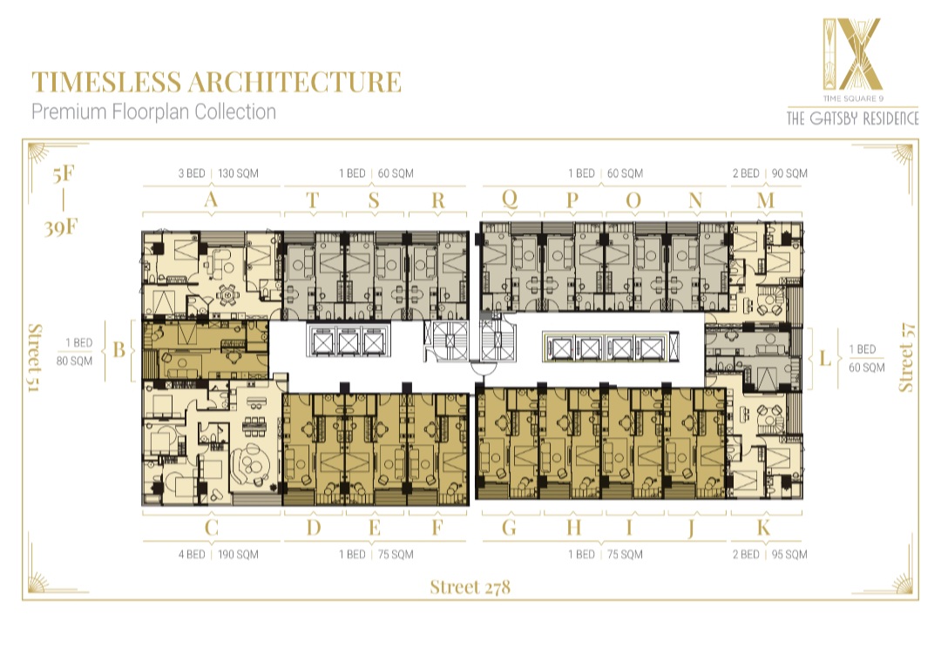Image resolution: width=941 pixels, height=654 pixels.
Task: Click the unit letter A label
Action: pyautogui.click(x=211, y=199)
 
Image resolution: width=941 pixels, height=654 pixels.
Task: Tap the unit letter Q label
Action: pyautogui.click(x=510, y=199)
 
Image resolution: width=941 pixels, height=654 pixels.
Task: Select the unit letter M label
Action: pyautogui.click(x=766, y=199)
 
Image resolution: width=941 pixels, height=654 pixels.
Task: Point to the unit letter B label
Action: pyautogui.click(x=118, y=350)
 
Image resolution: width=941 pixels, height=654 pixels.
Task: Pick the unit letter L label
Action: pyautogui.click(x=825, y=359)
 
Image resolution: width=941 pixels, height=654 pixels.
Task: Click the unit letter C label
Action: pyautogui.click(x=211, y=528)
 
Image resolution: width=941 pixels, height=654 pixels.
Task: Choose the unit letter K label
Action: pyautogui.click(x=763, y=528)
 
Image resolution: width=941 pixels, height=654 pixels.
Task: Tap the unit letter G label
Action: pyautogui.click(x=509, y=528)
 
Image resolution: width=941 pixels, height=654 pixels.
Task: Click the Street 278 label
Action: pyautogui.click(x=470, y=587)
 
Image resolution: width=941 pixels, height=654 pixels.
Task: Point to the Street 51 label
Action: pyautogui.click(x=35, y=358)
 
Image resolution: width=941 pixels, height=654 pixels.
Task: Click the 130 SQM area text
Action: pyautogui.click(x=238, y=173)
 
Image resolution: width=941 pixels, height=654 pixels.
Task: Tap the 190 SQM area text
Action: pyautogui.click(x=238, y=555)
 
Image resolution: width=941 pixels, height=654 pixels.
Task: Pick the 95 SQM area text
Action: pyautogui.click(x=789, y=555)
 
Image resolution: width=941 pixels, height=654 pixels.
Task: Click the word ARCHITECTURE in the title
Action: pyautogui.click(x=294, y=82)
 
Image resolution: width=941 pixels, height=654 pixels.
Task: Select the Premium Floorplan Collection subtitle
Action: pyautogui.click(x=153, y=112)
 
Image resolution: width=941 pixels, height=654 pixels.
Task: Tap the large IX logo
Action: pyautogui.click(x=852, y=54)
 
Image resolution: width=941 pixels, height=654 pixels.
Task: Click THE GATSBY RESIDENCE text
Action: pyautogui.click(x=853, y=118)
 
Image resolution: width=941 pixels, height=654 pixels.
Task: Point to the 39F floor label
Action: pyautogui.click(x=61, y=228)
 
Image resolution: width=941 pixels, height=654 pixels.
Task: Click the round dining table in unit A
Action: pyautogui.click(x=228, y=294)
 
